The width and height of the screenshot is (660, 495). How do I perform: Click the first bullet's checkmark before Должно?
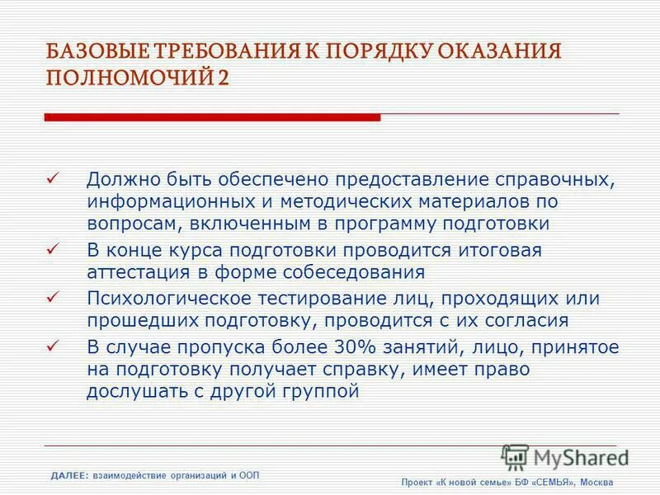pyautogui.click(x=53, y=178)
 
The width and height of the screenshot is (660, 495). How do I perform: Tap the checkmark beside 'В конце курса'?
pyautogui.click(x=53, y=249)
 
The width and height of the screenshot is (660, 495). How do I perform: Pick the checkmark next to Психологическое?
pyautogui.click(x=53, y=297)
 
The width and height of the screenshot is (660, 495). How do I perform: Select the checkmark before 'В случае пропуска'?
pyautogui.click(x=53, y=346)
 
